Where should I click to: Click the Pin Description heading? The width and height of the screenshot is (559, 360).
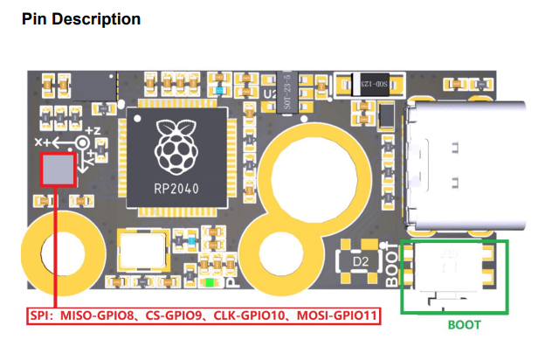pos(80,18)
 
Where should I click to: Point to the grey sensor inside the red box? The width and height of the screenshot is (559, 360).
pos(58,170)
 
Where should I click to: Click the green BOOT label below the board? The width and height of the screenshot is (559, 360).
pos(464,324)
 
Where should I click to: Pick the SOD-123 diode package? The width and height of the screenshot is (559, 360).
pos(370,85)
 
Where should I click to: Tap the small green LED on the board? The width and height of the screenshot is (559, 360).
pos(207,283)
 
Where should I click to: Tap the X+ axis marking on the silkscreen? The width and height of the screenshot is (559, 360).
pos(42,140)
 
